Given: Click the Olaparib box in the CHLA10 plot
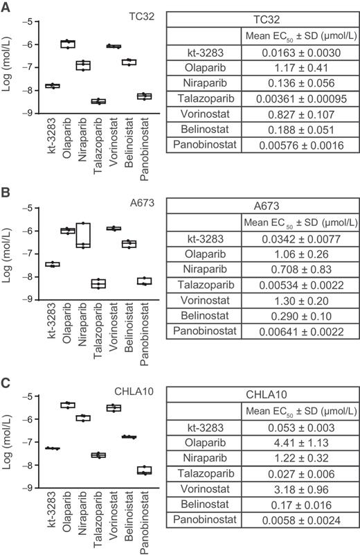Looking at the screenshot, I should click(68, 405).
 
